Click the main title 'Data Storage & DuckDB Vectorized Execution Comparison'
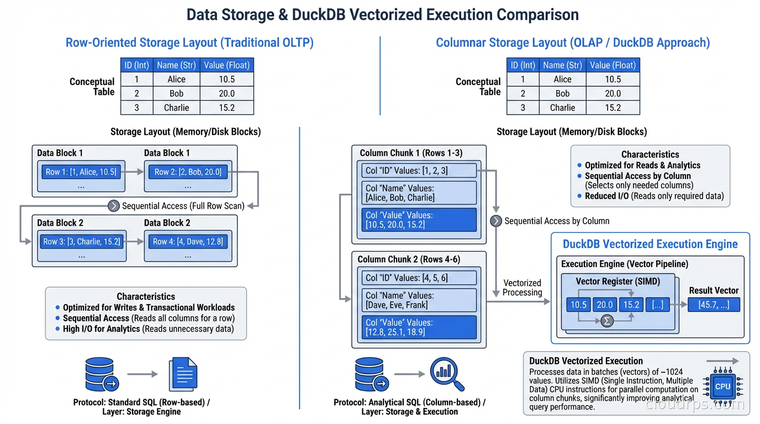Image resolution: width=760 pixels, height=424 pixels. tap(382, 14)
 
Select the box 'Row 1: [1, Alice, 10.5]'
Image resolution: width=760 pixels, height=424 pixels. tap(81, 172)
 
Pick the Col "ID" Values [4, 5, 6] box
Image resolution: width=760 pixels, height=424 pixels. tap(419, 278)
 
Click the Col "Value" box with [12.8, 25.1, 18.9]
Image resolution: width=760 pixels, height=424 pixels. tap(419, 327)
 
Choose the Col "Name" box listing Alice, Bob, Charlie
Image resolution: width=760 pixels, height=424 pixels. tap(419, 193)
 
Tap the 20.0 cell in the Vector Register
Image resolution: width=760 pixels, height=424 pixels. tap(604, 305)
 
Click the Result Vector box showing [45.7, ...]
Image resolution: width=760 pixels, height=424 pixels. tap(713, 305)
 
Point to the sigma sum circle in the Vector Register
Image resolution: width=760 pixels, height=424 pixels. tap(607, 321)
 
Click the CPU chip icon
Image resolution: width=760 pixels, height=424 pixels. tap(722, 386)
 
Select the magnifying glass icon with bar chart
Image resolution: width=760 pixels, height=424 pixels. tap(447, 374)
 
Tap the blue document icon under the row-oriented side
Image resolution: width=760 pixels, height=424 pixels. tap(183, 374)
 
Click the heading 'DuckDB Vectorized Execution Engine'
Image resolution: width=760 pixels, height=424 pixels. tap(650, 244)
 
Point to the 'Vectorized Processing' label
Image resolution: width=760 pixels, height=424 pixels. tap(522, 288)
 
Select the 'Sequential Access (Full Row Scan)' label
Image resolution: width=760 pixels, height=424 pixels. tap(183, 206)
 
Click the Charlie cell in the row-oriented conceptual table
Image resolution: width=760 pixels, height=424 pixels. tap(176, 108)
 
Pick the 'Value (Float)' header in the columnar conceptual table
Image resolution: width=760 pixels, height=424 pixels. tap(613, 65)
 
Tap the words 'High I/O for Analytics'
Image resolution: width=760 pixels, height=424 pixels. tap(101, 329)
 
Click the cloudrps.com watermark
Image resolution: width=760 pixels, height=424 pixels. tap(695, 405)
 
